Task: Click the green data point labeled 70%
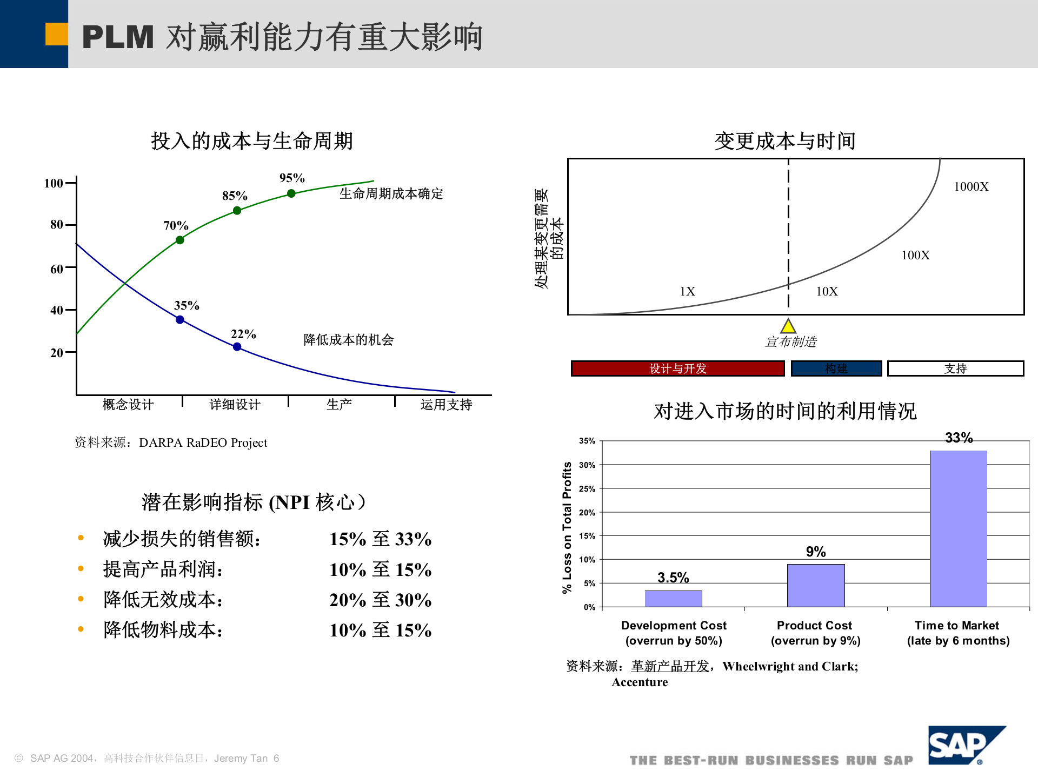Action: point(180,240)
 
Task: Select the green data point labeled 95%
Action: point(291,193)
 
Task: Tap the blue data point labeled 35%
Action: point(180,320)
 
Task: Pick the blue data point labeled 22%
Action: point(237,347)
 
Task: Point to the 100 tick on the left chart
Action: point(54,183)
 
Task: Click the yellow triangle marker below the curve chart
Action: point(788,326)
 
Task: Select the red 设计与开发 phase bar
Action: point(677,368)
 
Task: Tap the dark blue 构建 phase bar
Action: point(836,368)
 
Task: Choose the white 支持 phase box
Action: point(955,368)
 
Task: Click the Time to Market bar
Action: point(958,528)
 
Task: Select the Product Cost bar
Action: point(816,585)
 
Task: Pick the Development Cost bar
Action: point(673,599)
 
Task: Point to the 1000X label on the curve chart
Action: point(971,187)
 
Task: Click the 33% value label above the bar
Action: point(959,438)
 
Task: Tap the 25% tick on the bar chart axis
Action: point(587,489)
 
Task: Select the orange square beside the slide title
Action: point(56,34)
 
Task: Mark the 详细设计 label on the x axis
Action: point(235,405)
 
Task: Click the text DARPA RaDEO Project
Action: point(203,443)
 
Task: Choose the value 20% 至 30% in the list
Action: point(380,600)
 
